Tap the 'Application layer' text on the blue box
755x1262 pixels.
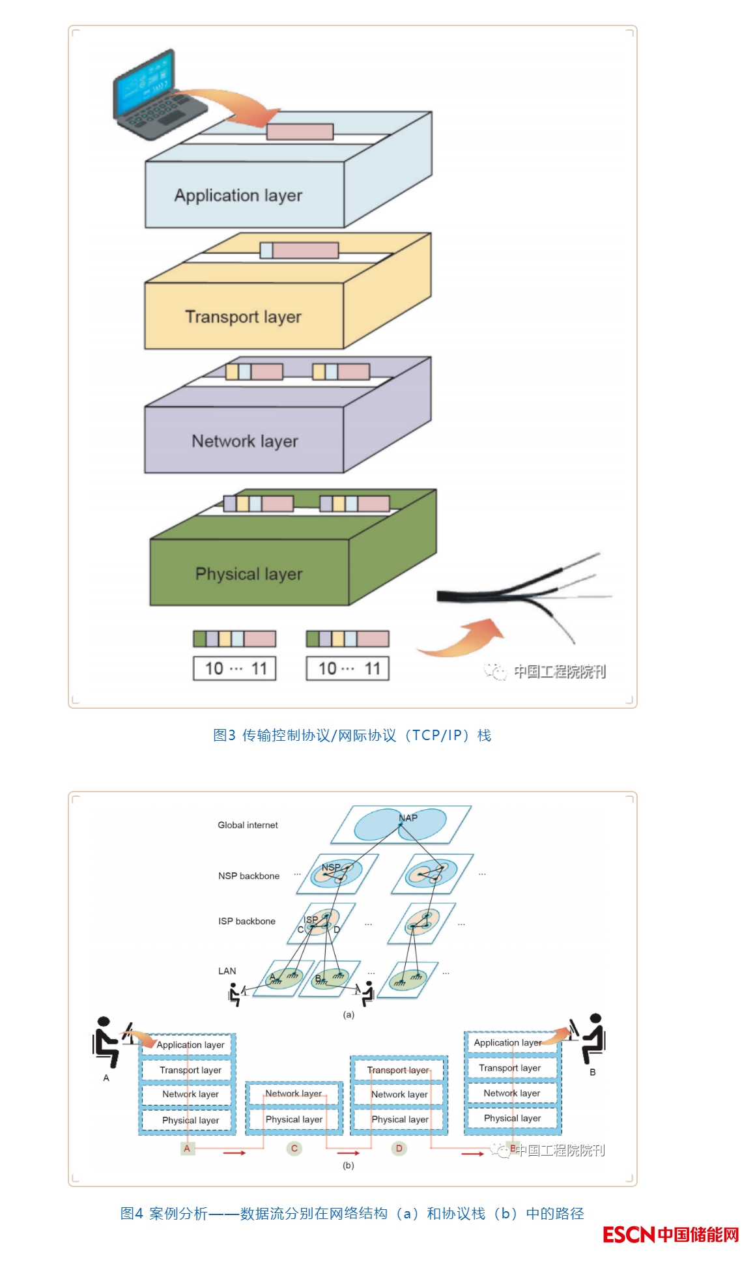tap(238, 195)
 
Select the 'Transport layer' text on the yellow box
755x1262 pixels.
tap(243, 317)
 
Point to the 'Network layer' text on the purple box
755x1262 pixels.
tap(245, 441)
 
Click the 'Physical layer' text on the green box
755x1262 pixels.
tap(249, 574)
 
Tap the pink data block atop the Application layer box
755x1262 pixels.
tap(300, 132)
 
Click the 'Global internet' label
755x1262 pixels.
tap(248, 825)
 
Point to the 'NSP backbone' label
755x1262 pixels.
tap(249, 876)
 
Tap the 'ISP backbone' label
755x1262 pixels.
tap(247, 921)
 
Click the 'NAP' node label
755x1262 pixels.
tap(408, 818)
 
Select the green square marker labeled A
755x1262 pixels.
tap(187, 1149)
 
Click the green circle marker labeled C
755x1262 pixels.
tap(294, 1149)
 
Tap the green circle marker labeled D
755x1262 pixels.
tap(399, 1149)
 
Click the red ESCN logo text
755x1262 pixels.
tap(629, 1235)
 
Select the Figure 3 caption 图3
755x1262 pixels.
tap(224, 736)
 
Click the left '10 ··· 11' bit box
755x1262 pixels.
tap(235, 668)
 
